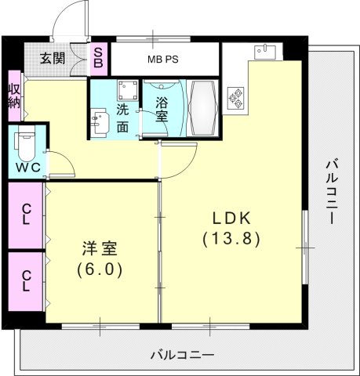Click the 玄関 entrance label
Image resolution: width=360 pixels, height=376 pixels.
click(x=54, y=57)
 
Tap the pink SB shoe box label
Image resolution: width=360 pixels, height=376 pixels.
click(x=99, y=57)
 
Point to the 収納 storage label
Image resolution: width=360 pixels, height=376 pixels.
click(x=14, y=98)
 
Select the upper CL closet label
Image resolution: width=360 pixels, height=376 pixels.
click(x=27, y=214)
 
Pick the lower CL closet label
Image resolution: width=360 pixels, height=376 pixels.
click(x=27, y=280)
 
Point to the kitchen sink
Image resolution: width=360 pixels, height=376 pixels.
click(x=264, y=52)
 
